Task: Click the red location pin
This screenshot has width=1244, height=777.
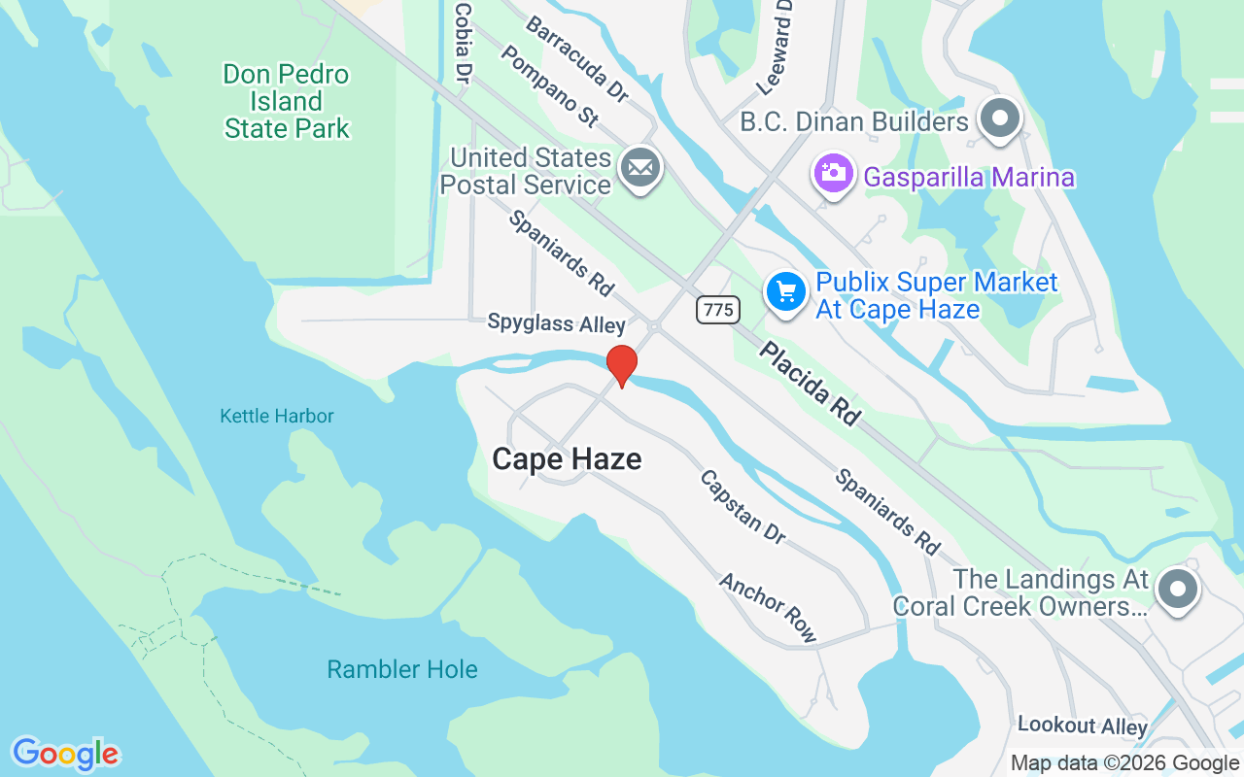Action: [x=621, y=365]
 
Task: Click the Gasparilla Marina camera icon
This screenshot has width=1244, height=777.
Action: [x=833, y=174]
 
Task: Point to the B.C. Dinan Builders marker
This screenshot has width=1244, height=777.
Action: [x=999, y=119]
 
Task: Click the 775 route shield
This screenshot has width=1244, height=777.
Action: [x=717, y=310]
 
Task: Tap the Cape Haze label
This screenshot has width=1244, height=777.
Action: [x=567, y=458]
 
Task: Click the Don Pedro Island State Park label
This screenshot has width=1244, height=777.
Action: [x=287, y=101]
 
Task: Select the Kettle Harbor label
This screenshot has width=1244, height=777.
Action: [x=277, y=416]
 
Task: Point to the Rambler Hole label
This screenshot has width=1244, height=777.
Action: [x=402, y=669]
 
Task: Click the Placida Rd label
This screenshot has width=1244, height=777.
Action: [x=810, y=383]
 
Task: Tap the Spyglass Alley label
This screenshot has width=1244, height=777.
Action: [x=556, y=323]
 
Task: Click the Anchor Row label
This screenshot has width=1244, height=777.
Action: [x=768, y=607]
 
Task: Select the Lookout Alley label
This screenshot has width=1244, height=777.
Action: [x=1083, y=726]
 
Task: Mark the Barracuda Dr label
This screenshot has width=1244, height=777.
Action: [x=576, y=57]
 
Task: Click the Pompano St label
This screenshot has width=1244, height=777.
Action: [x=550, y=85]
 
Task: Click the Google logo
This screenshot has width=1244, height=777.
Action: [x=65, y=754]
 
